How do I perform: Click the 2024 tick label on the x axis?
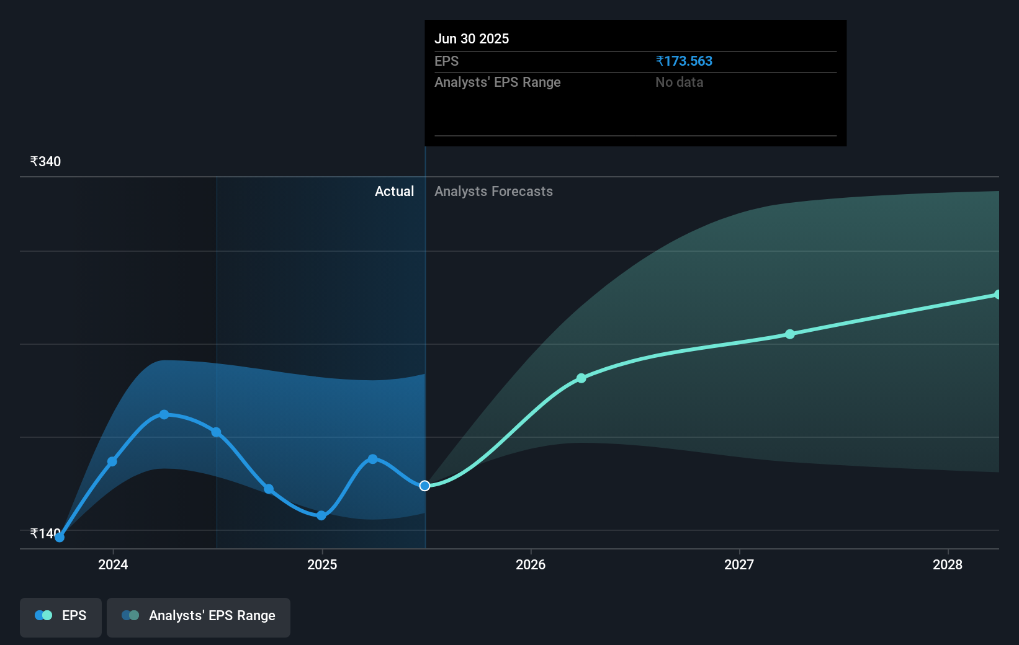(113, 564)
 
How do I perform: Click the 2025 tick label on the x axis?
(322, 564)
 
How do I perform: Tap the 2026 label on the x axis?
(531, 564)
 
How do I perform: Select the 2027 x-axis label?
(739, 564)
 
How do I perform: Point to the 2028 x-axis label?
(948, 564)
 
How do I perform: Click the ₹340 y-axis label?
(45, 162)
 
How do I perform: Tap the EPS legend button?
(61, 616)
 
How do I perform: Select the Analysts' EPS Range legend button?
(199, 616)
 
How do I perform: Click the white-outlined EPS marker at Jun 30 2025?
(424, 486)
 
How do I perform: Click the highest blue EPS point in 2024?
(164, 414)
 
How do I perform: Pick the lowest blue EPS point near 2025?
(321, 515)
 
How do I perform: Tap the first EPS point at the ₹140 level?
(60, 537)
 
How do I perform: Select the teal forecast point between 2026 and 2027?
(581, 378)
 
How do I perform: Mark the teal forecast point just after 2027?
(789, 334)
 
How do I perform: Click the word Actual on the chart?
(394, 192)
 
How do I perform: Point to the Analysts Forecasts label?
(493, 192)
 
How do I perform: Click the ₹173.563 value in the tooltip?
(684, 61)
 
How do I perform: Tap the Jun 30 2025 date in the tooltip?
(472, 39)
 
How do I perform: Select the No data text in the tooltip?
(679, 82)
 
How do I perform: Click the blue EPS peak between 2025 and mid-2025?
(372, 459)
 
